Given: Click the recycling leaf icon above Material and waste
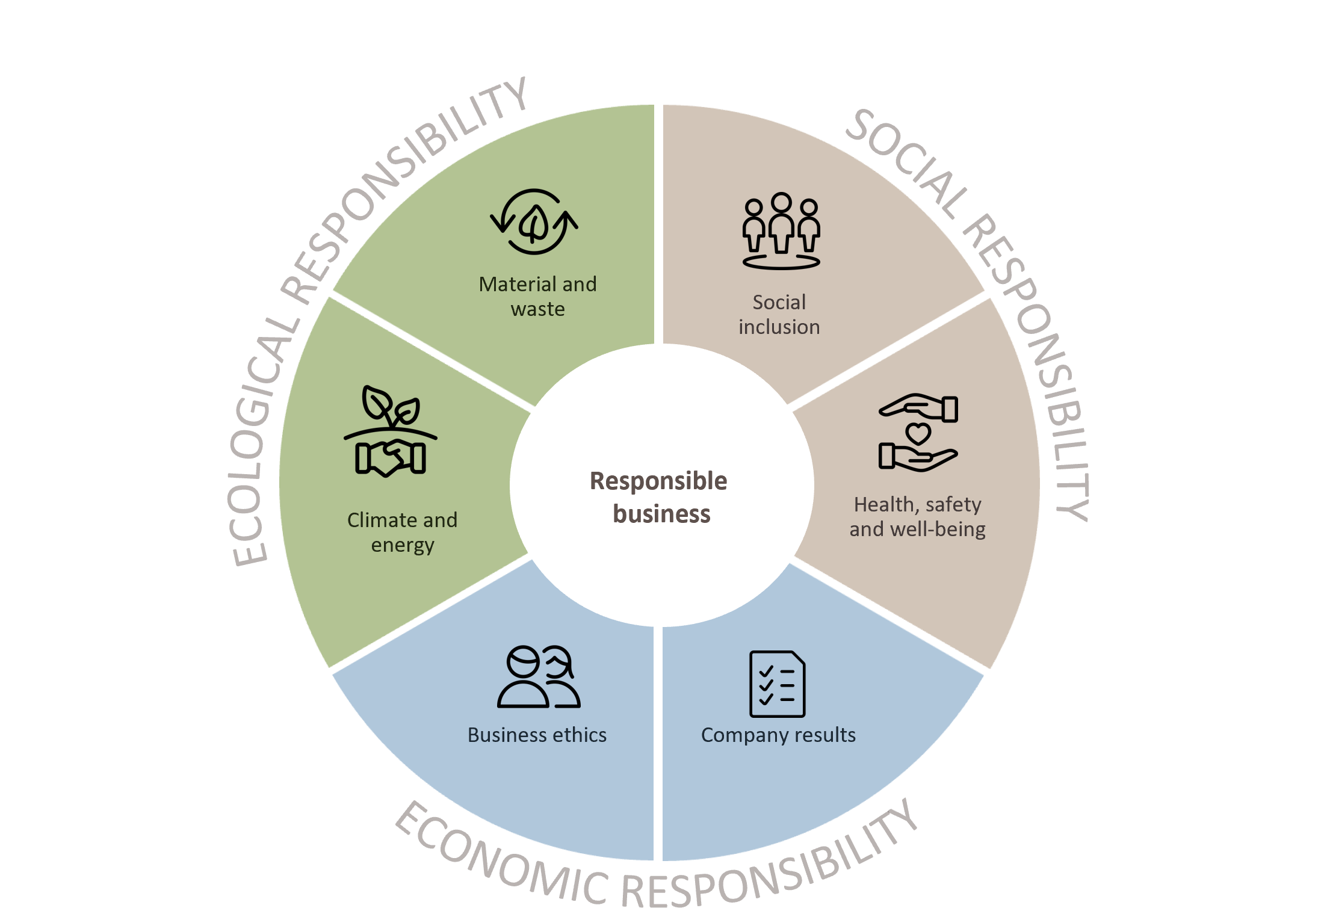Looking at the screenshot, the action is [x=534, y=221].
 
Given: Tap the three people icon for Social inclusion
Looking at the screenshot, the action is [x=781, y=230].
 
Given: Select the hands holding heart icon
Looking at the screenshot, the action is [x=918, y=433].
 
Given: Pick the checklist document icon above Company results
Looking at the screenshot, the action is [x=777, y=684].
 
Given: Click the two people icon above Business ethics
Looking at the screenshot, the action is [x=539, y=677].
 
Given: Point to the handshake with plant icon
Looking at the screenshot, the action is [x=391, y=431].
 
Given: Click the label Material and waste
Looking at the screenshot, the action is [x=537, y=296].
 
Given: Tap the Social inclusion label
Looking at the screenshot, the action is [x=779, y=314].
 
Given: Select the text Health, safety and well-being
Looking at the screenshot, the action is [x=917, y=516].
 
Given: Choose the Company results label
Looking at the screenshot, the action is [x=778, y=735].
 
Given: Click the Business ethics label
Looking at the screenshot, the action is [x=537, y=735].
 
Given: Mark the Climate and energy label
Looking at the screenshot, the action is [x=402, y=532].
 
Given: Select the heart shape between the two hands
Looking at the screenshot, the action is [x=918, y=433].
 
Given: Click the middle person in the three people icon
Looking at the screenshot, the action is [x=782, y=222].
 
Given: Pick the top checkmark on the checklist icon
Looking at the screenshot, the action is [x=766, y=672].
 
